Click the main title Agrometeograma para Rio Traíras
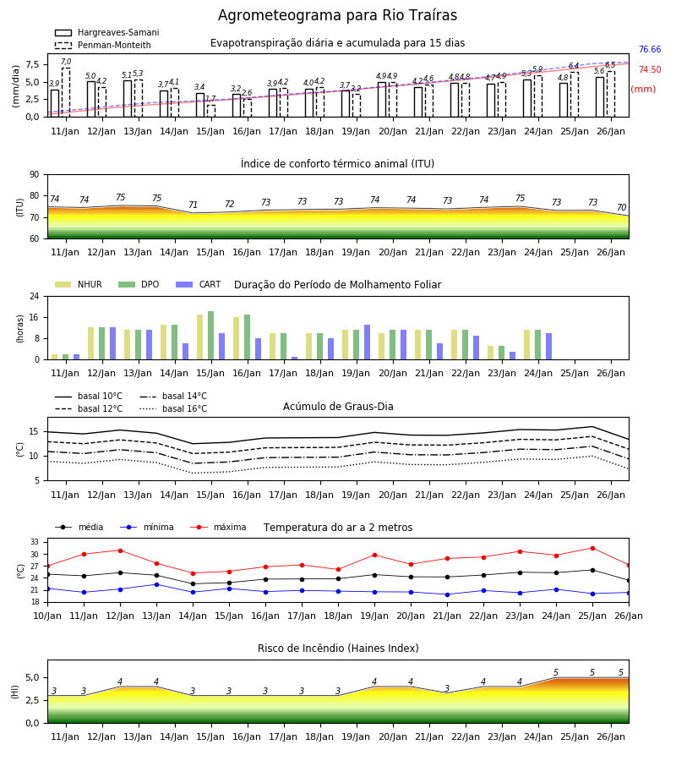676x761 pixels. pos(337,15)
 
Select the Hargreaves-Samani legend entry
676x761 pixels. pos(107,32)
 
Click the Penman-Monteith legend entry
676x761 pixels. pos(103,45)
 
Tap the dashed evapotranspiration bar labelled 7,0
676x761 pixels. pos(66,92)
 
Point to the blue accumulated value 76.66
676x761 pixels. pos(650,50)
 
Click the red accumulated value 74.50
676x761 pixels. pos(650,70)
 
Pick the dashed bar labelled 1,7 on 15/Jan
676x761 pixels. pos(211,111)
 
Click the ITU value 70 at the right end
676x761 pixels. pos(621,208)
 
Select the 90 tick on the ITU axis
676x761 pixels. pos(35,175)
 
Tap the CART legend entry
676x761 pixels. pos(199,284)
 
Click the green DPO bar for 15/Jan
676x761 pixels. pos(211,336)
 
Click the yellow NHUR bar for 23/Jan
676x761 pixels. pos(491,353)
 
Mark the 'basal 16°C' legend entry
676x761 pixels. pos(173,408)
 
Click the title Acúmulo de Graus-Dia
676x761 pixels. pos(338,407)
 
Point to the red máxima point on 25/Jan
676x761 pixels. pos(592,549)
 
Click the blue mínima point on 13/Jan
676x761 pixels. pos(156,584)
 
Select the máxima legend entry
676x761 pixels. pos(218,527)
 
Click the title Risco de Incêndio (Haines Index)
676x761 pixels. pos(338,649)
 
